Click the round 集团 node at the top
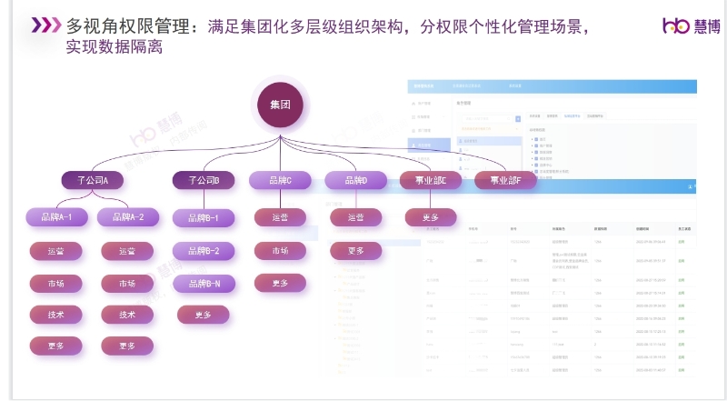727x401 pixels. coord(280,105)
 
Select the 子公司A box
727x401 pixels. coord(92,180)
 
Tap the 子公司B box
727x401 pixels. coord(204,180)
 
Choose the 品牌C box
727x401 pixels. coord(279,180)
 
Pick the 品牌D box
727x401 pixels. coord(355,180)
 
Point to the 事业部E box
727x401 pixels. coord(431,180)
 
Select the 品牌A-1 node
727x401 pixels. coord(56,217)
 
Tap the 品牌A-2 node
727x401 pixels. coord(127,217)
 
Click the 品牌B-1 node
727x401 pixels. coord(204,217)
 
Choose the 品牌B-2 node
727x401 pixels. coord(204,251)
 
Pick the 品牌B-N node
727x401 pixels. coord(204,284)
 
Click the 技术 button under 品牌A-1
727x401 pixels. coord(56,315)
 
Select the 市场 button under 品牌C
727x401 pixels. coord(280,251)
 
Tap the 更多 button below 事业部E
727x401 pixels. coord(431,217)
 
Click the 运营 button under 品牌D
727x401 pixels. coord(355,217)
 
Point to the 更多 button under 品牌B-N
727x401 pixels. coord(204,316)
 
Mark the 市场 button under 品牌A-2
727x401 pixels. coord(127,284)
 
